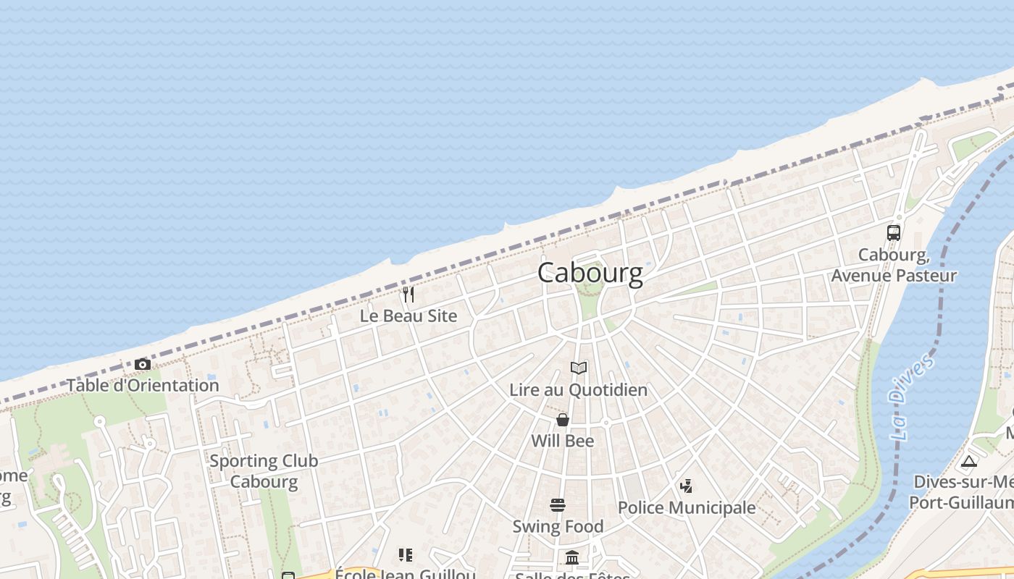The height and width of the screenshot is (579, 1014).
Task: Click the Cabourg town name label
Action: pos(590,273)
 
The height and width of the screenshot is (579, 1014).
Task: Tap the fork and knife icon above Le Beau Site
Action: pos(408,295)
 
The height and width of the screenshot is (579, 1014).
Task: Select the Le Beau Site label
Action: pos(408,316)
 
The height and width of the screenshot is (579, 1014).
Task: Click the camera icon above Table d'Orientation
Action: pos(143,364)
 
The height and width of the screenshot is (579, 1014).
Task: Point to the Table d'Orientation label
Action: pos(143,385)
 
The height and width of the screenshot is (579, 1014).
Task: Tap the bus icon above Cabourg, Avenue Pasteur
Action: pos(894,233)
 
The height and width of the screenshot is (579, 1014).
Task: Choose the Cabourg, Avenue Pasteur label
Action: pos(894,266)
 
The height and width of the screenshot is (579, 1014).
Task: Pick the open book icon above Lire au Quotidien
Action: pos(578,368)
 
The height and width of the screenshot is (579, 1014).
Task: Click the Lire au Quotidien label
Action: pos(578,390)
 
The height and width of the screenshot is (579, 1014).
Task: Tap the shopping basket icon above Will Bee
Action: pos(562,420)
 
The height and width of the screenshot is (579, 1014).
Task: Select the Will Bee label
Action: pos(562,441)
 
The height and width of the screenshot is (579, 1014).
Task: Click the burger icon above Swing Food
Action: pos(558,504)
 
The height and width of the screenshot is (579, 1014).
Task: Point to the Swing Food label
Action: pos(558,526)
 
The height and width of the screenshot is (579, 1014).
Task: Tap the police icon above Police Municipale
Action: pos(686,486)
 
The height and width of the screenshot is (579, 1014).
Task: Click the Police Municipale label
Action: pos(686,508)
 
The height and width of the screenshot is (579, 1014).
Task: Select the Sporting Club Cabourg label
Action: pos(264,471)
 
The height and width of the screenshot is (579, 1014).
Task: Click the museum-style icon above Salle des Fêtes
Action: pos(572,557)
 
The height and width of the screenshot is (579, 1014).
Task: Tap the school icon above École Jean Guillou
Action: pos(406,555)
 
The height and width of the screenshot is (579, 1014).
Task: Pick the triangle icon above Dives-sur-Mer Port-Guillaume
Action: pos(969,462)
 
